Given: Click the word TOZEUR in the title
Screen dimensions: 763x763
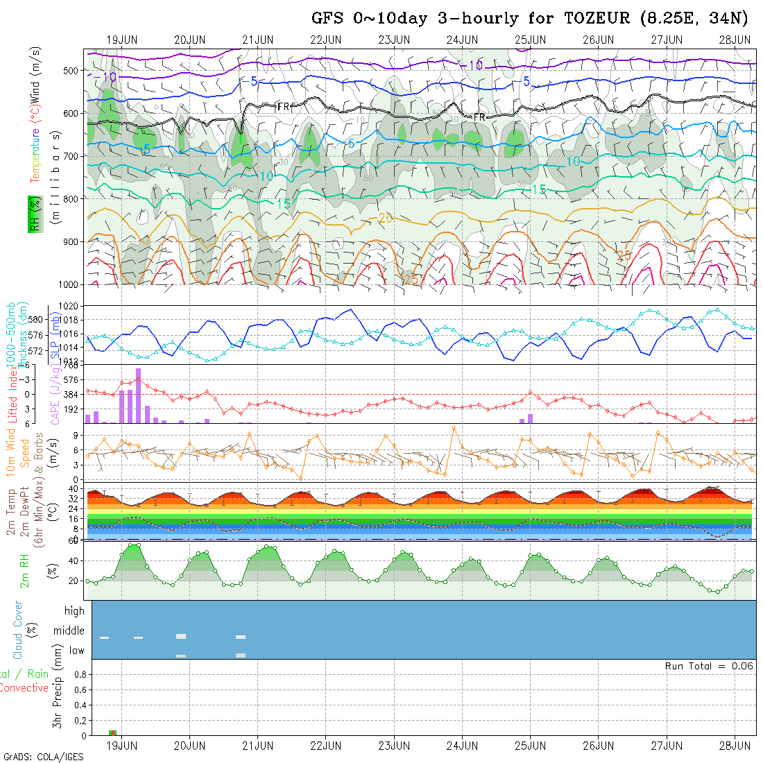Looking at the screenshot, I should [598, 19].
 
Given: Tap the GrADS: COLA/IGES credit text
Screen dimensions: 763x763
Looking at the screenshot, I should [43, 757].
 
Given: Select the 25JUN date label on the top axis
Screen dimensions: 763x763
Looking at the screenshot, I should [530, 40].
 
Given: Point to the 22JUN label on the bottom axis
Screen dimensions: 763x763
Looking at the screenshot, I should [325, 746].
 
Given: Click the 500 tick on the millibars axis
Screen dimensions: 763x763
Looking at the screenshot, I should [71, 70].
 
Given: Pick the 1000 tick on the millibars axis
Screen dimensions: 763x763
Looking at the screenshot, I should [68, 284].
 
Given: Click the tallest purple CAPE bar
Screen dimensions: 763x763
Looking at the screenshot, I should [138, 395].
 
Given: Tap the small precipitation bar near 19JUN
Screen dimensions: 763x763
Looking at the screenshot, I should [112, 732].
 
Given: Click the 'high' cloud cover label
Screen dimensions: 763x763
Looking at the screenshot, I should [74, 611].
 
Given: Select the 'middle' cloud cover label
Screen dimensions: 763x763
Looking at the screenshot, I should [69, 631].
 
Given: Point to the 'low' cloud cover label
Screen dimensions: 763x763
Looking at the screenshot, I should [76, 651].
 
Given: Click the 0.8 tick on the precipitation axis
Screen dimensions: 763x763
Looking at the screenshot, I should [80, 674].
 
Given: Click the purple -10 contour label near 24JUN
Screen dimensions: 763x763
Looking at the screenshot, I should [474, 65].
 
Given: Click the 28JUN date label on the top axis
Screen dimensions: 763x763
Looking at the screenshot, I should [735, 40].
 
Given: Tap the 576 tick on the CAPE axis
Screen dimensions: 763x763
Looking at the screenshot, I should [72, 380].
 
